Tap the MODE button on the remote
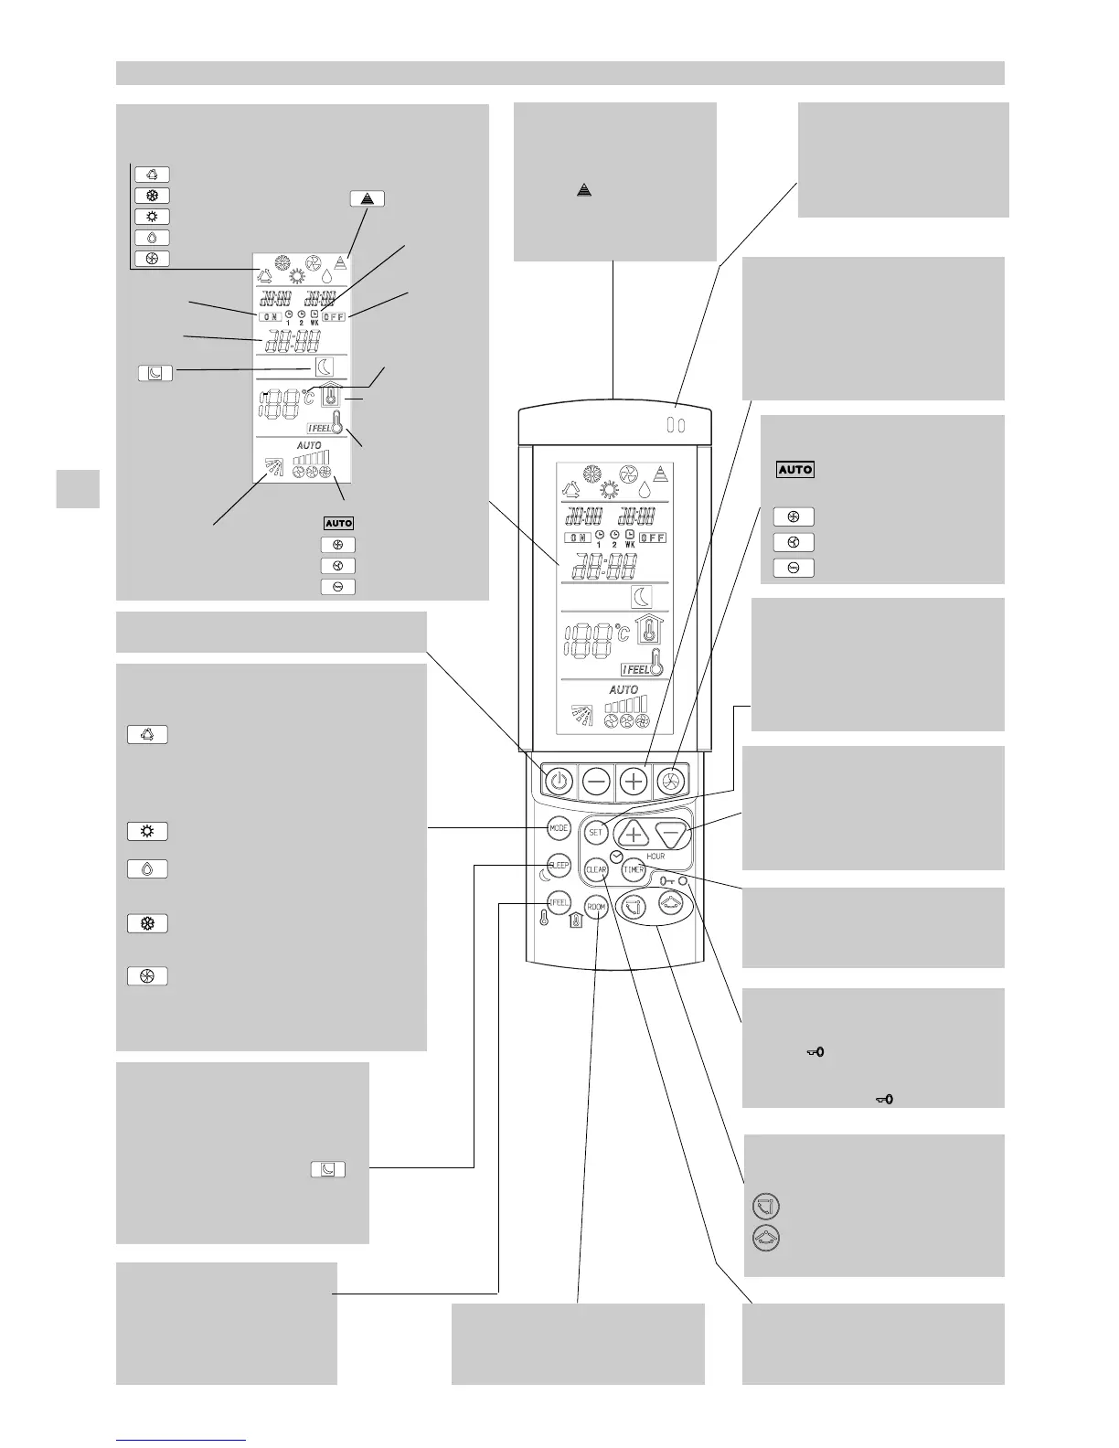[x=559, y=828]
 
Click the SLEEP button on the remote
[x=559, y=865]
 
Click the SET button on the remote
[x=596, y=833]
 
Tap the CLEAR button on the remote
[x=596, y=870]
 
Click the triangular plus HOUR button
[x=632, y=834]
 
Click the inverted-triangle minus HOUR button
[x=672, y=834]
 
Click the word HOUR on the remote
[x=655, y=857]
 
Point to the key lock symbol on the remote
[x=670, y=881]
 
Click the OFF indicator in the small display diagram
[x=335, y=316]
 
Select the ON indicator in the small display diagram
[x=269, y=316]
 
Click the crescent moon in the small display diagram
[x=325, y=367]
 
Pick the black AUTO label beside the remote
[x=794, y=469]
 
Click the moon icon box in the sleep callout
[x=328, y=1168]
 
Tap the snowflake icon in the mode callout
[x=147, y=924]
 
